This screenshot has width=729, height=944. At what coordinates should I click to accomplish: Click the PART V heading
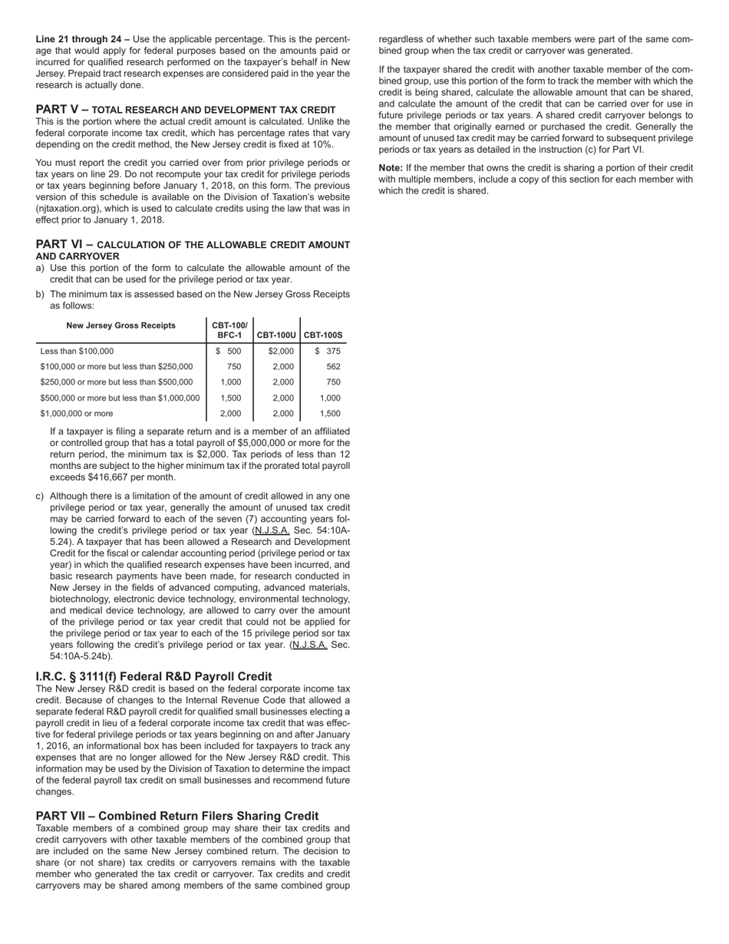click(185, 110)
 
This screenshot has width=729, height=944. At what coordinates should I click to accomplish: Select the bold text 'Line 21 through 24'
click(82, 39)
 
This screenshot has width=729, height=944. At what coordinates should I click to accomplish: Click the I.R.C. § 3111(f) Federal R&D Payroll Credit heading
click(153, 676)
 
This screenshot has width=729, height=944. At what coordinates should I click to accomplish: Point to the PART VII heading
click(176, 816)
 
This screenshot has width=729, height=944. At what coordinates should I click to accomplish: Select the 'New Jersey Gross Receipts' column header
click(120, 325)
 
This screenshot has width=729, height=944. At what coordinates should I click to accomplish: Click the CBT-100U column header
click(276, 335)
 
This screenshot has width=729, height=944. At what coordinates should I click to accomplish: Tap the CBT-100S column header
click(323, 335)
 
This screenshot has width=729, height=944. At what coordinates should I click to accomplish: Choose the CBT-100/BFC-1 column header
click(229, 330)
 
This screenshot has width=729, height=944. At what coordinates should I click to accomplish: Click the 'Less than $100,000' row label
click(77, 352)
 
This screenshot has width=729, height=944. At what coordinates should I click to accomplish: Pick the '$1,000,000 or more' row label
click(76, 414)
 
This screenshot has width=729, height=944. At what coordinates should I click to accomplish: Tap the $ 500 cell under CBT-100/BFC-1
click(229, 352)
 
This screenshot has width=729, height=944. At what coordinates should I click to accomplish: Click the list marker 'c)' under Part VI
click(40, 496)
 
